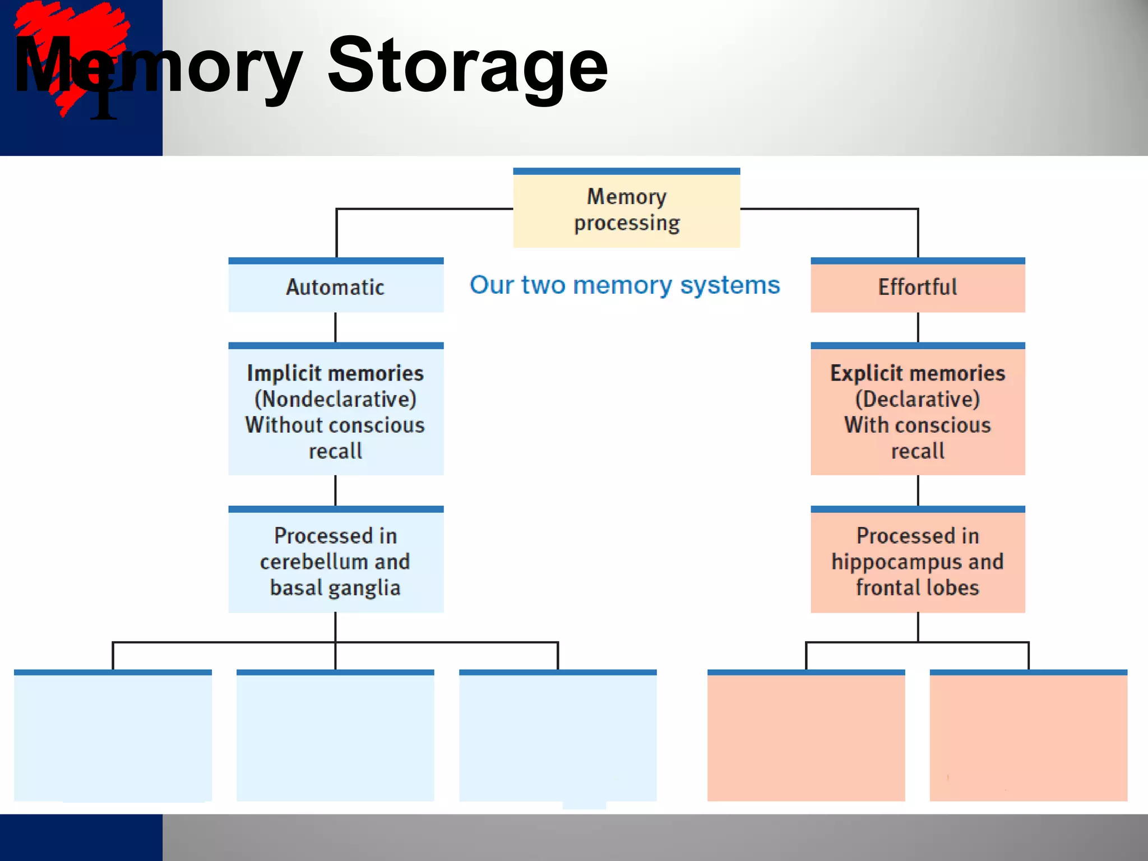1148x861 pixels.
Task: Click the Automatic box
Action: pos(335,286)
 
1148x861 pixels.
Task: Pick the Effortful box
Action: pos(918,286)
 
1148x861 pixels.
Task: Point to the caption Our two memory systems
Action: pos(624,285)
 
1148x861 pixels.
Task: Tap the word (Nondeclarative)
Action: pos(335,399)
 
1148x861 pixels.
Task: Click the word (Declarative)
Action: pos(918,399)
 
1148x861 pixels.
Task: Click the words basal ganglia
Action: pos(335,588)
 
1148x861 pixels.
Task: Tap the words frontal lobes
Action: pos(918,588)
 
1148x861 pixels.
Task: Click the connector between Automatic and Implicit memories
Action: pos(335,327)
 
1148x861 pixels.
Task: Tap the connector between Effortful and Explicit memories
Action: pos(918,327)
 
